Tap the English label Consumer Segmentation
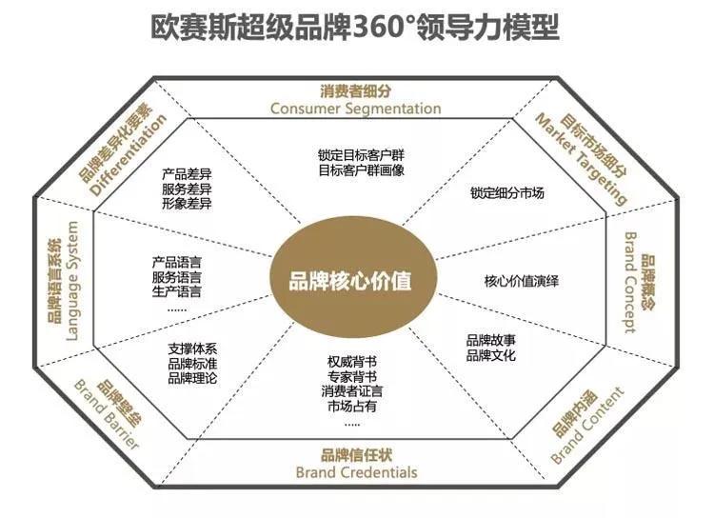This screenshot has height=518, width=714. [x=355, y=109]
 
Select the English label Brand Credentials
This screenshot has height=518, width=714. [x=356, y=471]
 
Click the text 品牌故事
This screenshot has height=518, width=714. [x=491, y=341]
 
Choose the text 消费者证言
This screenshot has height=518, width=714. [x=352, y=391]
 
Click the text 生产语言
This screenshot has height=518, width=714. [x=177, y=291]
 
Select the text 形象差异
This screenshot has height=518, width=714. [x=187, y=204]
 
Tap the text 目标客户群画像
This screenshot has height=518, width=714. [x=361, y=170]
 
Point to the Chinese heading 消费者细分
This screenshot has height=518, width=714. [x=355, y=92]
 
